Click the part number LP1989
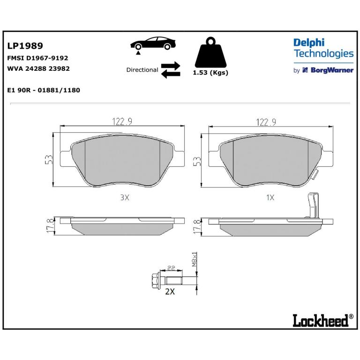click(x=25, y=45)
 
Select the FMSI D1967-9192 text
click(x=37, y=58)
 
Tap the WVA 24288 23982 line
click(x=38, y=68)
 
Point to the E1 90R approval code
click(x=44, y=90)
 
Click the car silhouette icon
click(x=153, y=44)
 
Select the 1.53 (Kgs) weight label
click(x=210, y=73)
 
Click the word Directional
click(x=142, y=70)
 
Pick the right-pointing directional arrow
click(x=171, y=66)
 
